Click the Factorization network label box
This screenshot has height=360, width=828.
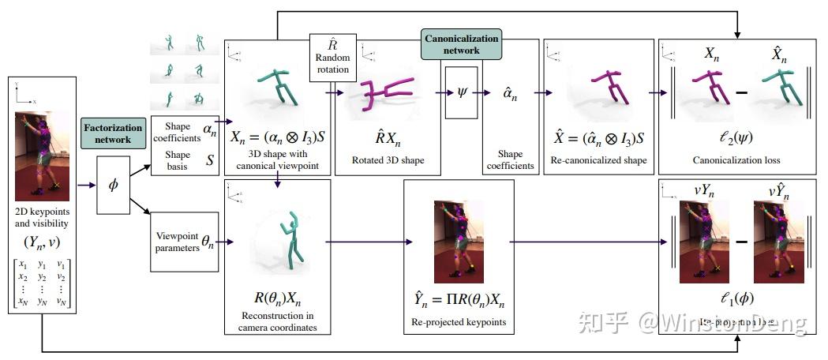[114, 131]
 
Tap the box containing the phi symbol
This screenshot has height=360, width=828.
[113, 185]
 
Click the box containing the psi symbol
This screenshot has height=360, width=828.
[462, 92]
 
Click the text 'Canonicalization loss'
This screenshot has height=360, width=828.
[735, 160]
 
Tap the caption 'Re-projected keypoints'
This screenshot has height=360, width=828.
[459, 322]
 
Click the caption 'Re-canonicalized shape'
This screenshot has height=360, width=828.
[600, 160]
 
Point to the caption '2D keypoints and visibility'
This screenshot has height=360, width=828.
[43, 219]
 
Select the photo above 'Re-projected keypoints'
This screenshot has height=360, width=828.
[459, 241]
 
